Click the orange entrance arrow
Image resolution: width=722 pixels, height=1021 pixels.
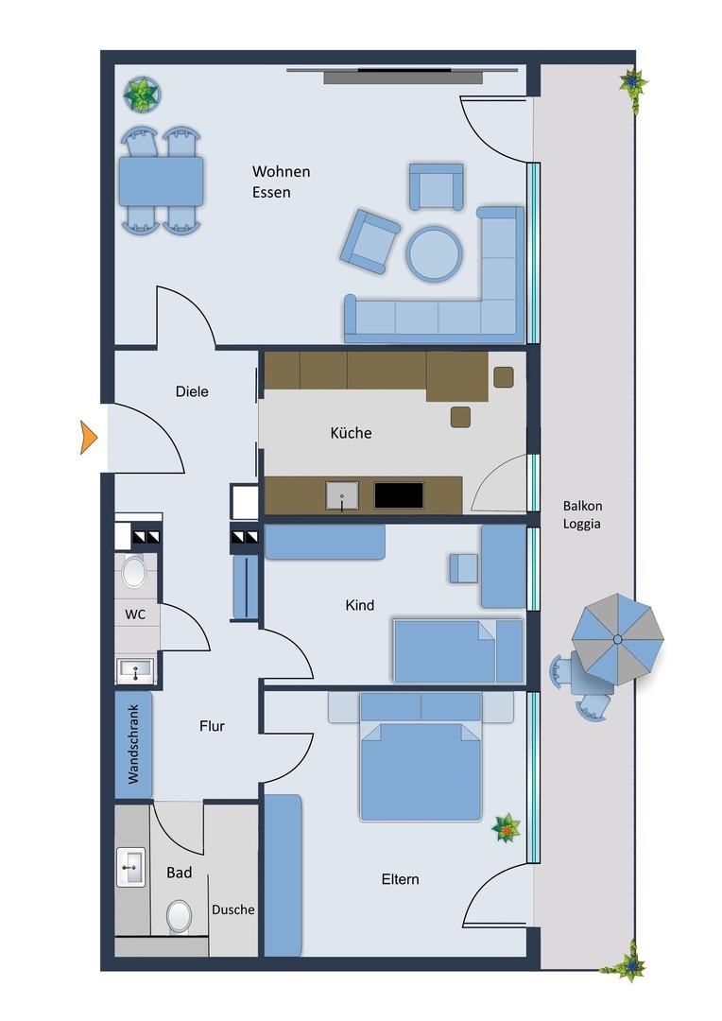tap(88, 438)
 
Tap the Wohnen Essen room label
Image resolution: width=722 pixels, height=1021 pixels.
tap(282, 182)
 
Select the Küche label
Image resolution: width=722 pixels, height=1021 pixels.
tap(351, 433)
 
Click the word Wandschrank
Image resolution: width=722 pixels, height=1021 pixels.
tap(133, 744)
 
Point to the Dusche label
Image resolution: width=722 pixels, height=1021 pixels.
tap(233, 909)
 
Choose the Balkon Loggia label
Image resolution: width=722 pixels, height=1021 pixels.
tap(582, 514)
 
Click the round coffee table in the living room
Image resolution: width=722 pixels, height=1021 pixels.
tap(435, 253)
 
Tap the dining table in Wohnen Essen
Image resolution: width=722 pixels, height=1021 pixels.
tap(161, 181)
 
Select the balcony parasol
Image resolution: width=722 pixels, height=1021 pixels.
tap(617, 639)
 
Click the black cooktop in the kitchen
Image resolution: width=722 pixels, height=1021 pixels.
tap(399, 494)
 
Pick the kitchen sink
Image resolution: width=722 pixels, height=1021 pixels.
tap(342, 495)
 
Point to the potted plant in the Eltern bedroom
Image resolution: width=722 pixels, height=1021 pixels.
tap(506, 828)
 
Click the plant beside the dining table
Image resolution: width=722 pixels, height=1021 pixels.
tap(142, 95)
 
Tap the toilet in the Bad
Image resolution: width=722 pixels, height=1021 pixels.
tap(179, 916)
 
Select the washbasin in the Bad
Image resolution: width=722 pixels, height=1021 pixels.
tap(130, 867)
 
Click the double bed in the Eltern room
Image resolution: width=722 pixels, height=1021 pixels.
tap(421, 756)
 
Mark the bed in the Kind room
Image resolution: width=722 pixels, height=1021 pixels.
tap(458, 651)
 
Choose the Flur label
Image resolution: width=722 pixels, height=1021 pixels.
tap(213, 726)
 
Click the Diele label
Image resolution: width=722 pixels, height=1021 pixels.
tap(192, 391)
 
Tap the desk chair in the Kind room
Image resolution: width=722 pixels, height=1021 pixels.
tap(464, 568)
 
